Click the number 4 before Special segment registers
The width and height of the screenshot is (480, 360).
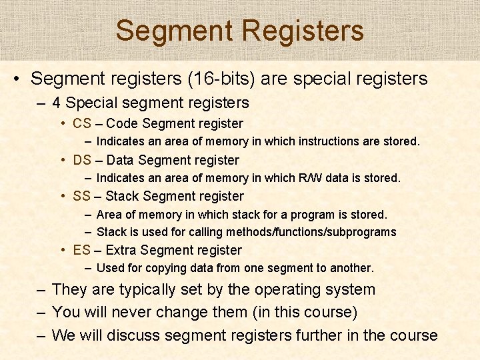[x=57, y=103]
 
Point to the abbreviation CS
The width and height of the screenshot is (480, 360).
[x=82, y=123]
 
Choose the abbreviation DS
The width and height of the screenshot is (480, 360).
[x=82, y=160]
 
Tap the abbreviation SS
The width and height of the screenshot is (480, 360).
[x=82, y=196]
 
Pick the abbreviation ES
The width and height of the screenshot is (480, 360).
[x=82, y=250]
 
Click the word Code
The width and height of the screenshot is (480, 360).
[x=122, y=123]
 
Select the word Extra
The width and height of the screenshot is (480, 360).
[x=121, y=250]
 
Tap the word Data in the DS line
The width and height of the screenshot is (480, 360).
[x=120, y=160]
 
